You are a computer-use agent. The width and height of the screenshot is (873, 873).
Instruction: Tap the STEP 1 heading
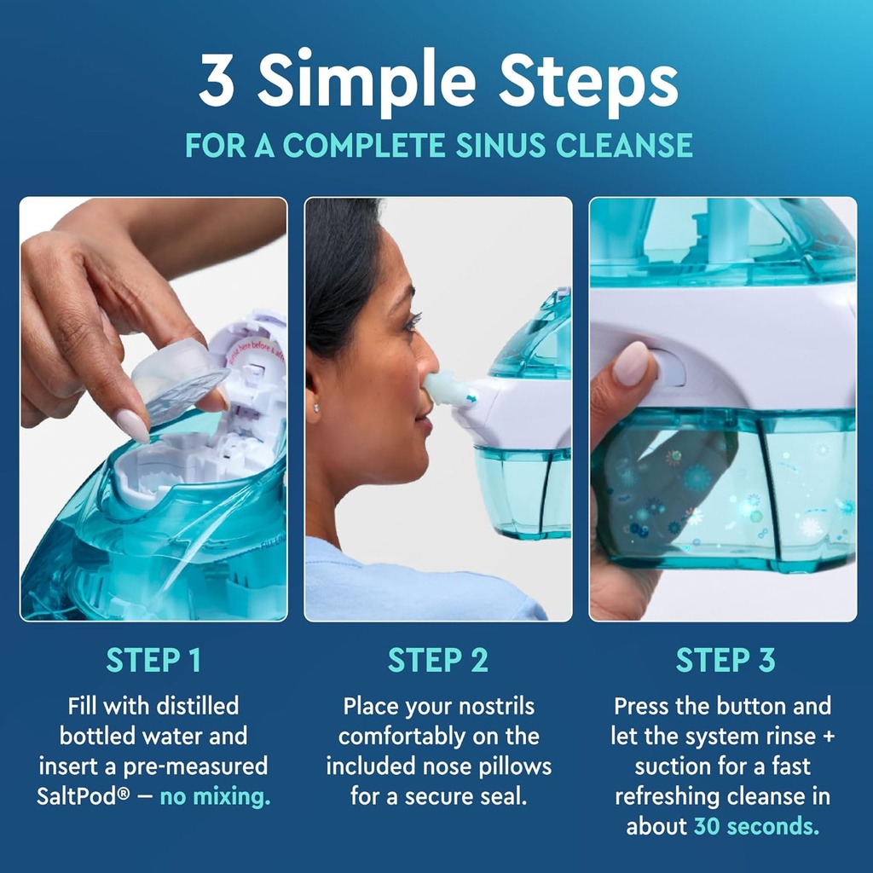click(153, 660)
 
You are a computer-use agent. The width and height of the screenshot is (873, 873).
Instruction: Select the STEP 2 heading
click(438, 660)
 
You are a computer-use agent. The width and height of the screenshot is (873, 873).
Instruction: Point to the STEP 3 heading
click(725, 660)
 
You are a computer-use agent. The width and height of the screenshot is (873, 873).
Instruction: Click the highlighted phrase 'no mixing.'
click(215, 796)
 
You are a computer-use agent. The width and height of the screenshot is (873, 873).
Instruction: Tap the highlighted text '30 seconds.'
click(755, 826)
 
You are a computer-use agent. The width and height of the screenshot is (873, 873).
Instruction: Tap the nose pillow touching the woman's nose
click(448, 390)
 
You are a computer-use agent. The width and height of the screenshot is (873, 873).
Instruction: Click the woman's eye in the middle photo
click(412, 323)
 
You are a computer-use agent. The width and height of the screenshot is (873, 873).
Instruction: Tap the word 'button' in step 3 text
click(750, 706)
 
